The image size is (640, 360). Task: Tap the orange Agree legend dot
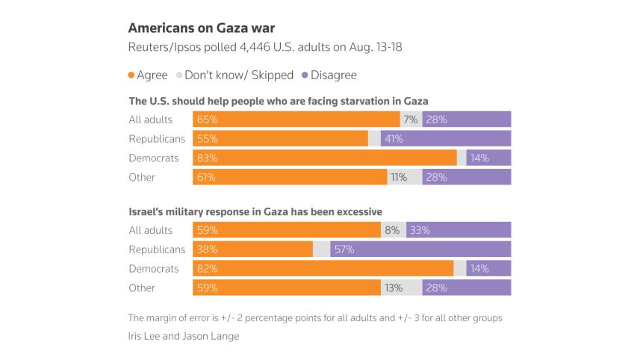coord(132,75)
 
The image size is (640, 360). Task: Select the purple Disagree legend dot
coord(304,75)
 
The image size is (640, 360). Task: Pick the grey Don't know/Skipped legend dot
coord(178,75)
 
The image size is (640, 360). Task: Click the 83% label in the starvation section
coord(206,158)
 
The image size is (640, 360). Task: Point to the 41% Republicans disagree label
coord(394,138)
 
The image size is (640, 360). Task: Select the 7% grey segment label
coord(410,120)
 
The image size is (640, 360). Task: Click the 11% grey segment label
coord(399,177)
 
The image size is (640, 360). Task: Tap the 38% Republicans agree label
coord(206,249)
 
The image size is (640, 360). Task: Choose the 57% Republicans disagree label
coord(344,249)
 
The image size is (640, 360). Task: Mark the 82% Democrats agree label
coord(206,269)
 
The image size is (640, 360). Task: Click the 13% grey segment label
coord(394,288)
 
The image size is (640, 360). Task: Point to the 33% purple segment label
coord(420,230)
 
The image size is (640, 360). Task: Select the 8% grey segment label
coord(392,230)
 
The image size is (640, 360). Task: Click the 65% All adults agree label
coord(206,120)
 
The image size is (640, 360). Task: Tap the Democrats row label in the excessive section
coord(154,269)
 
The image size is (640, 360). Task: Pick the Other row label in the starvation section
coord(142,177)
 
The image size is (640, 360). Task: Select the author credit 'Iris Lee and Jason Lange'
coord(184,336)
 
